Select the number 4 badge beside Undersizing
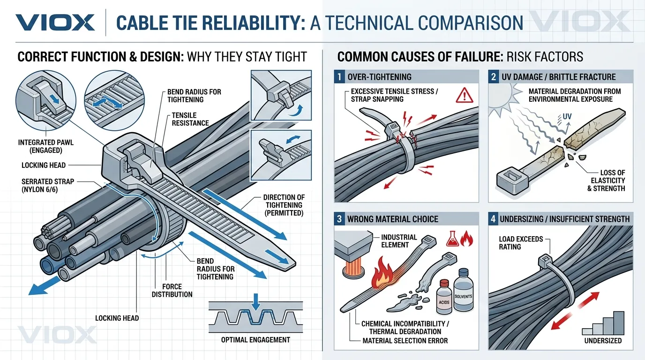coord(493,219)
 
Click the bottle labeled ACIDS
coord(443,299)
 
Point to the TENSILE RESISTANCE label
coord(190,119)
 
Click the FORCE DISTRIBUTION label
coord(172,290)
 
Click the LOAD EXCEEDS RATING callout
coord(521,243)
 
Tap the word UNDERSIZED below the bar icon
coord(603,341)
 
